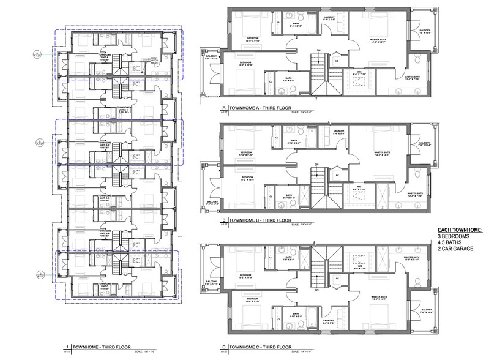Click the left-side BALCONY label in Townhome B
coord(212,203)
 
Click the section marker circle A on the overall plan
coord(39,55)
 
